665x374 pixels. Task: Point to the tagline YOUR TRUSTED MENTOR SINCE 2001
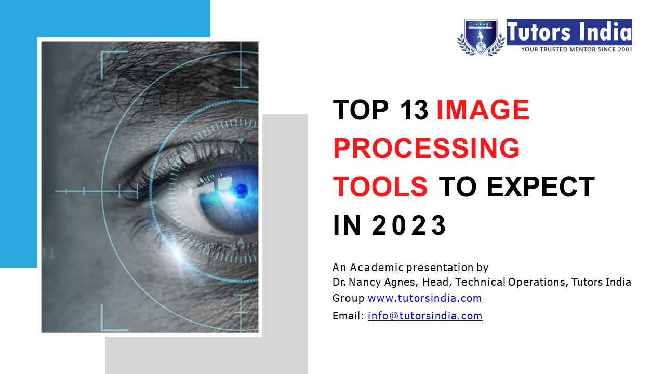576,49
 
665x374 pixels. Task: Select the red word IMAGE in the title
483,110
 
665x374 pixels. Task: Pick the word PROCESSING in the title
426,149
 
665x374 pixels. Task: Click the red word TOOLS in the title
380,187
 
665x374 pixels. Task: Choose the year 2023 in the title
409,225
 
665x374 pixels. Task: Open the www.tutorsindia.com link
424,299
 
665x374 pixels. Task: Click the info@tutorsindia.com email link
424,316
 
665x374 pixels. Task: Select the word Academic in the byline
376,268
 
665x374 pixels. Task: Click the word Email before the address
347,316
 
